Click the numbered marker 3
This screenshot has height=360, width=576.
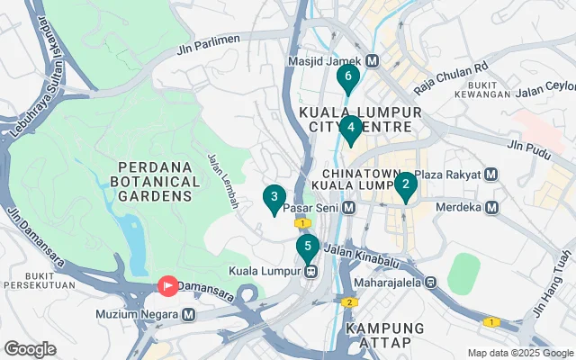[x=274, y=197]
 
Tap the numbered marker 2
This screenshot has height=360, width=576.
[x=405, y=185]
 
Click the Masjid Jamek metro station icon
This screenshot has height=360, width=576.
[x=372, y=61]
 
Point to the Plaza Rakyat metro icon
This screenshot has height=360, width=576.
[x=490, y=174]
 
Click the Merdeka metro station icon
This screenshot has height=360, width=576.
[x=491, y=208]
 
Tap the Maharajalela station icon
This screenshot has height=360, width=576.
[x=431, y=281]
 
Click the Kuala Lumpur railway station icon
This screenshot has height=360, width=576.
[x=310, y=270]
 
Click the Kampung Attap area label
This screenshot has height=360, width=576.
[x=378, y=335]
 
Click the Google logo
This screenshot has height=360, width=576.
[x=30, y=349]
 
